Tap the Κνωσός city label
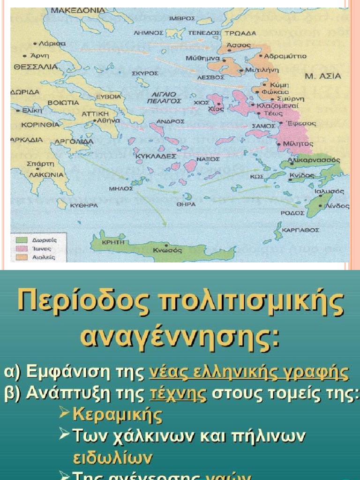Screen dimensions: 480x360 pyautogui.click(x=167, y=250)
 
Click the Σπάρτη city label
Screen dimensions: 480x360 pyautogui.click(x=41, y=164)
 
